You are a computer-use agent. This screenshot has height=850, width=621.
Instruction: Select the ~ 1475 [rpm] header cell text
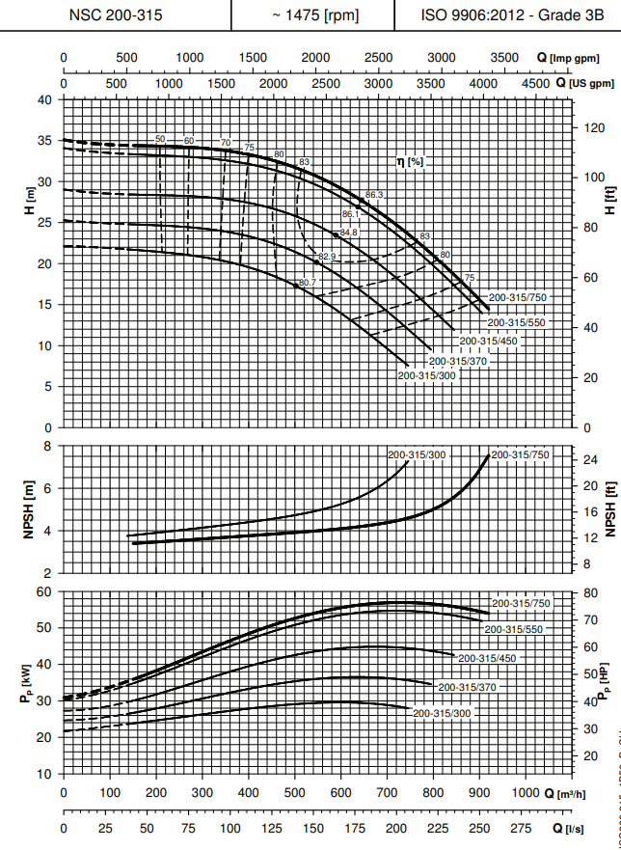point(313,15)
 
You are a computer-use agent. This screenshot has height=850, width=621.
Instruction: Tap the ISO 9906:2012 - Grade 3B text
point(507,15)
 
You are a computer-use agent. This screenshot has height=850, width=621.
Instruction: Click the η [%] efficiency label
point(411,161)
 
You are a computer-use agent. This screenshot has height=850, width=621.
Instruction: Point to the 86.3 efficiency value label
point(375,195)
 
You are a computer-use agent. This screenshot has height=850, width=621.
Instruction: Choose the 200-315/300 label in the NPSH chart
point(417,453)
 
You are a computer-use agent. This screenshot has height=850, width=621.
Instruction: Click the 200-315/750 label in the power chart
point(521,603)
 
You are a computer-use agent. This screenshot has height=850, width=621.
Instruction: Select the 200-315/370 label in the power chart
point(467,687)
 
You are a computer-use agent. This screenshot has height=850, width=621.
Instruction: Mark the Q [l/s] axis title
point(575,828)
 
